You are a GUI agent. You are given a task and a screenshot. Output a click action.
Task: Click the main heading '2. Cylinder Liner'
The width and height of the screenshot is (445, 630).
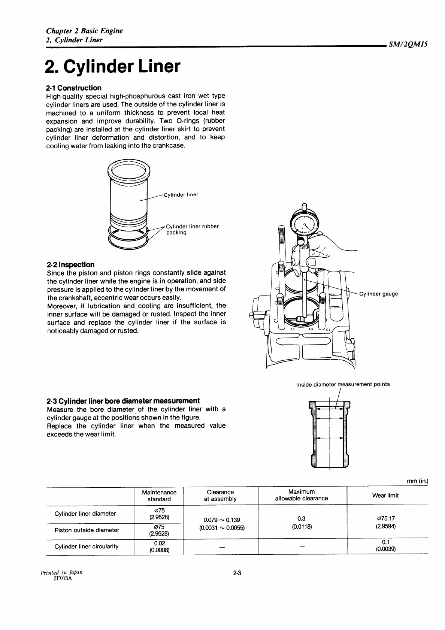(x=112, y=67)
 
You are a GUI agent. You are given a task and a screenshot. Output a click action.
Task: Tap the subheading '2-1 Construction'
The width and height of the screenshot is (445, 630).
(x=73, y=88)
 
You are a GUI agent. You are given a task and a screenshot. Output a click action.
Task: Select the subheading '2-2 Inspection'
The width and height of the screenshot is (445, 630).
(x=70, y=264)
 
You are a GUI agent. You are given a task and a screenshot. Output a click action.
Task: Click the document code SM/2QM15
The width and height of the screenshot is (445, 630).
(x=408, y=45)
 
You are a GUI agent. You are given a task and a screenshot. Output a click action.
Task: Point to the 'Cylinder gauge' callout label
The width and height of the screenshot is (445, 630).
(x=378, y=294)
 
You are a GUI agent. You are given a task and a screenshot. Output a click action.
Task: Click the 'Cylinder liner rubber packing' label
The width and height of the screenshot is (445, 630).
(x=192, y=229)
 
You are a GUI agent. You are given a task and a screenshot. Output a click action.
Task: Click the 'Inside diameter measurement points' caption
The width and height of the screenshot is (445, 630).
(x=343, y=384)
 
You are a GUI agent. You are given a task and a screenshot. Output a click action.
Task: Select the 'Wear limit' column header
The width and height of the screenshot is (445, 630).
(x=385, y=496)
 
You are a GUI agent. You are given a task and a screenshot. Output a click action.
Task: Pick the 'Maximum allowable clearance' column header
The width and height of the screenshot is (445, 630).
(x=301, y=495)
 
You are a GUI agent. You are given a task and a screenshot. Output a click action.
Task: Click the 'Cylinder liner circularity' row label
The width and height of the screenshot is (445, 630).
(x=87, y=546)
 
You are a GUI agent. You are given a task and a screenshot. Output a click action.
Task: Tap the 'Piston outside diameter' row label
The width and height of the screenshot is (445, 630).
(x=87, y=530)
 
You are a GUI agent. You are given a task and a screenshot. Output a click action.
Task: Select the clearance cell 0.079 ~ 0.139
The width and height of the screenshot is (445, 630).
(x=221, y=520)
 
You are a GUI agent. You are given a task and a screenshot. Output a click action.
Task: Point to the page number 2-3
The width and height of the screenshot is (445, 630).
(x=237, y=573)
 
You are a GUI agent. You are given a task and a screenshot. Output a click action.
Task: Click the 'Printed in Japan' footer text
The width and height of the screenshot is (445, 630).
(x=62, y=572)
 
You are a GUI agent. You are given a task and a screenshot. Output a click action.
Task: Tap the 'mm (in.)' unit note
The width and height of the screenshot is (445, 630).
(x=417, y=481)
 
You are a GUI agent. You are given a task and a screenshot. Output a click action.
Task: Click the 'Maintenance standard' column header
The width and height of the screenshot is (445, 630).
(x=159, y=496)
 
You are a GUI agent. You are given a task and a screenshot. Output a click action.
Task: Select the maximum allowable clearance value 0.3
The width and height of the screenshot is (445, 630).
(x=301, y=519)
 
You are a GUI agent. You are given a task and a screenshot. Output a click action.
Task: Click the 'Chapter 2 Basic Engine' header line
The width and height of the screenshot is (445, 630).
(x=84, y=31)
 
